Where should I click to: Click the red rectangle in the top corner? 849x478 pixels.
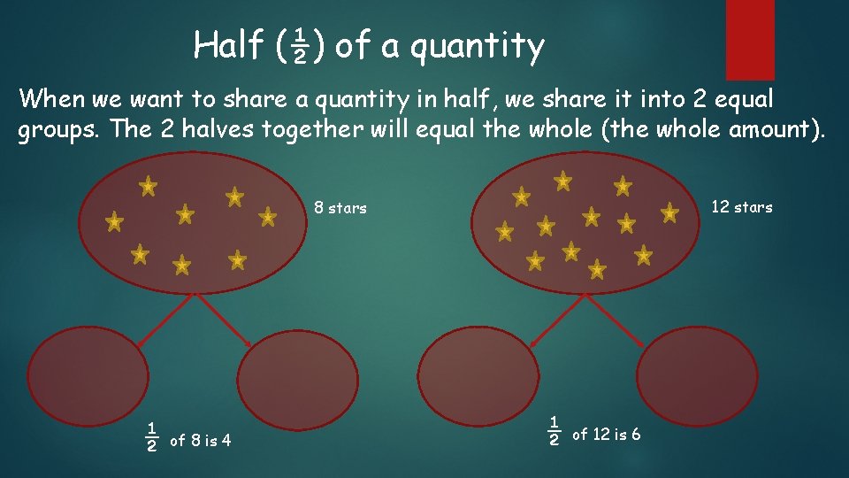750,39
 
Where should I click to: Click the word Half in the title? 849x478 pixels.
226,44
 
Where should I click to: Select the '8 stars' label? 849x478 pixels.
340,209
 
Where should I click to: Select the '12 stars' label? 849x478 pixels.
742,207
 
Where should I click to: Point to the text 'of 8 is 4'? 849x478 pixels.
200,440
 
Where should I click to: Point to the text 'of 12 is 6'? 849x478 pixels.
607,435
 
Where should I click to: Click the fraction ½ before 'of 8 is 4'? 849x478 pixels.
152,436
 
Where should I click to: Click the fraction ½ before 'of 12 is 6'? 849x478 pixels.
555,430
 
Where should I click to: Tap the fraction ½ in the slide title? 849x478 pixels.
299,46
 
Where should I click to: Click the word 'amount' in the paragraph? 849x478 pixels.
775,130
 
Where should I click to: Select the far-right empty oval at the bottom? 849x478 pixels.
698,375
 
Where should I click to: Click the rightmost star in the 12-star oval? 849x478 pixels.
670,212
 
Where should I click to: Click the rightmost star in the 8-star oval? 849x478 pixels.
267,216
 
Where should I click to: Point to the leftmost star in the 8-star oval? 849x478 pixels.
114,222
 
